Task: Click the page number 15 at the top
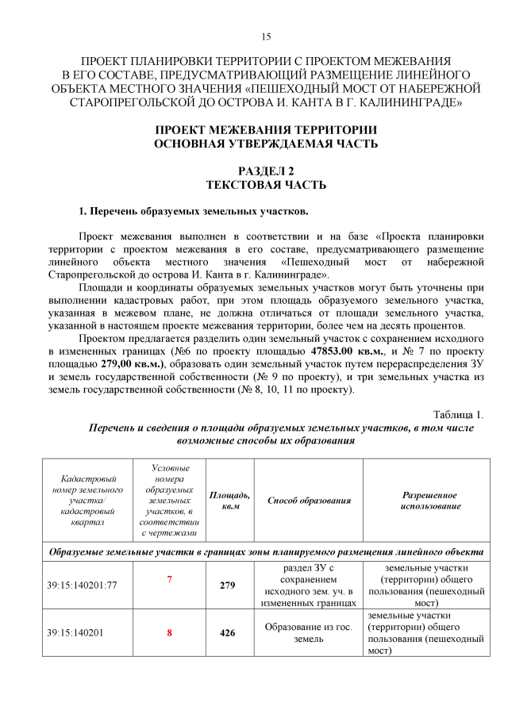tap(266, 36)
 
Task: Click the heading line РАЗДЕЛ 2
tap(266, 171)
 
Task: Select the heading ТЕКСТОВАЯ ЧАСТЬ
tap(266, 185)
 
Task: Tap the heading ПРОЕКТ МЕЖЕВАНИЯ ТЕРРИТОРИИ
tap(266, 129)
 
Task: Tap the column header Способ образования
tap(309, 501)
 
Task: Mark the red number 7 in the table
tap(169, 580)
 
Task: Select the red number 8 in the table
tap(169, 633)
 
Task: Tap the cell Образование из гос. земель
tap(309, 633)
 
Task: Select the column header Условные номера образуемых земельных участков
tap(169, 501)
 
